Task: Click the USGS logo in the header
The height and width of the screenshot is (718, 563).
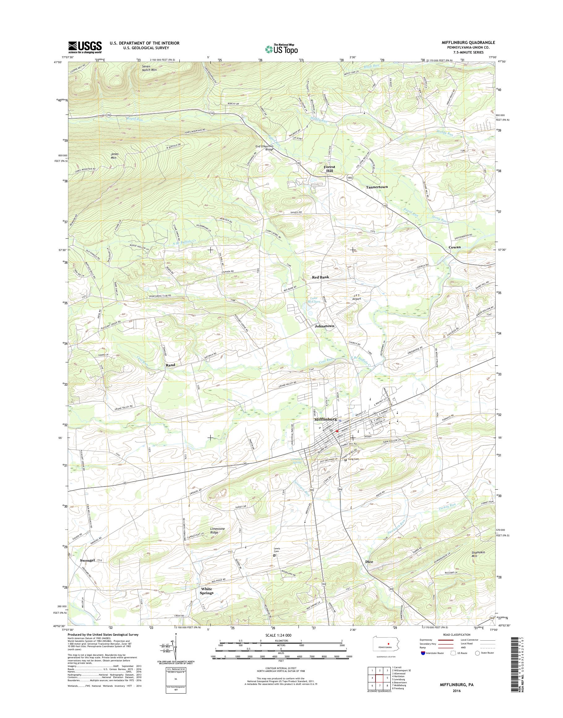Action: [x=85, y=47]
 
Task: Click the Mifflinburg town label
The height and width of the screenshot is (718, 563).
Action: [x=325, y=419]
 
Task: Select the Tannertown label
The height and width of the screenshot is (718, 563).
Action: [x=377, y=187]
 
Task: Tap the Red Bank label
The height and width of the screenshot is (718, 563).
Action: [x=320, y=277]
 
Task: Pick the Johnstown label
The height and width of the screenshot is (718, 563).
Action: [x=324, y=326]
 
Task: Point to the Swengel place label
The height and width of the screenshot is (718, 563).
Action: [x=87, y=560]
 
